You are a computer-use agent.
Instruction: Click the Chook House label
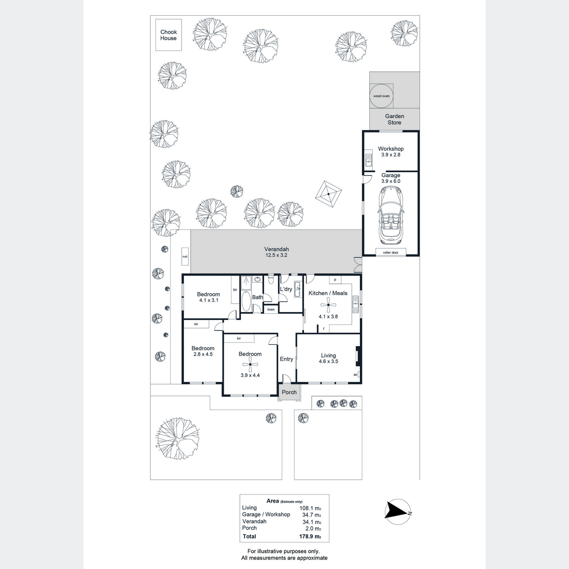(x=168, y=35)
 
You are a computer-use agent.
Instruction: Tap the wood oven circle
(x=381, y=96)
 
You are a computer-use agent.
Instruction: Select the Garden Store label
(x=395, y=119)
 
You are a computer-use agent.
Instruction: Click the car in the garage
(x=390, y=215)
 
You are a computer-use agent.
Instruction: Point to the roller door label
(x=391, y=252)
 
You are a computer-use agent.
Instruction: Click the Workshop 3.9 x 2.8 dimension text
(x=391, y=155)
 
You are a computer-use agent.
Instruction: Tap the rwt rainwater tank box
(x=185, y=257)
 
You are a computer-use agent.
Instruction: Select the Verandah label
(x=276, y=249)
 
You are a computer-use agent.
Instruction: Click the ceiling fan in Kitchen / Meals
(x=328, y=305)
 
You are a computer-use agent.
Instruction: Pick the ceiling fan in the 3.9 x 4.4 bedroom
(x=250, y=364)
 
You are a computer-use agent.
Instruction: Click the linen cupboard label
(x=271, y=310)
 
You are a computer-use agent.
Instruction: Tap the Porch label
(x=289, y=392)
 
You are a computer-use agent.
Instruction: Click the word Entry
(x=286, y=359)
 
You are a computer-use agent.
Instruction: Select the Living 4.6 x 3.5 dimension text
(x=328, y=361)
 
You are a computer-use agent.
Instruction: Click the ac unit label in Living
(x=356, y=375)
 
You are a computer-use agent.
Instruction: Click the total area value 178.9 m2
(x=310, y=536)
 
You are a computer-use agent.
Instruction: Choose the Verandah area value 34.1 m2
(x=312, y=523)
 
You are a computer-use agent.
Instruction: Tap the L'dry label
(x=286, y=289)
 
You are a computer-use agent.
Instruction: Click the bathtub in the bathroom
(x=246, y=301)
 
